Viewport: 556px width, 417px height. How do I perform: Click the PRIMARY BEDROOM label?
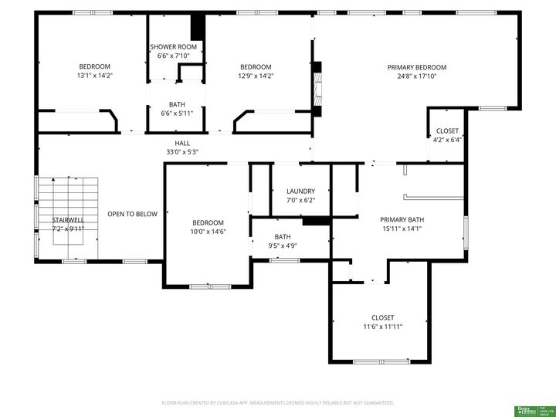[416, 67]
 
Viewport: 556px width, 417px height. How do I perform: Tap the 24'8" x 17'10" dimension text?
[416, 76]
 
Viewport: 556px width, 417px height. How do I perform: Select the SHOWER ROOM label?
[173, 47]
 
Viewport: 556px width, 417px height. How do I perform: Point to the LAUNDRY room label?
[300, 191]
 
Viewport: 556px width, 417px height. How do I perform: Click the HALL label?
[182, 143]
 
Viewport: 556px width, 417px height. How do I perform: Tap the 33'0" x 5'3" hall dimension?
[182, 152]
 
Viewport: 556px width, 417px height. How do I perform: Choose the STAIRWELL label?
[68, 220]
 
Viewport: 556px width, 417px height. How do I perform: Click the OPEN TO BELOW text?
[132, 214]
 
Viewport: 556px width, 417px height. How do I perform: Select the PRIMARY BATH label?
[402, 219]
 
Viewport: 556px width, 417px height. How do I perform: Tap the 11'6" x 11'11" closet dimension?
[382, 327]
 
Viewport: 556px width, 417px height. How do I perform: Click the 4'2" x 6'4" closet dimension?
[446, 140]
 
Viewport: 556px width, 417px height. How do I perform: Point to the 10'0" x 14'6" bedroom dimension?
[208, 232]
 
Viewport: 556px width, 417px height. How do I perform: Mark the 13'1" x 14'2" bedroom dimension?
[95, 76]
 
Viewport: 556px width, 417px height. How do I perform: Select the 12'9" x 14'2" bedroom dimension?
[255, 76]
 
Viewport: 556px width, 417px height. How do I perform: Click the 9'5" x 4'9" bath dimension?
[283, 246]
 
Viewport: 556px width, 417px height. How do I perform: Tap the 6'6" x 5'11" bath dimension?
[177, 114]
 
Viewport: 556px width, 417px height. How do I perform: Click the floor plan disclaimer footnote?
[278, 402]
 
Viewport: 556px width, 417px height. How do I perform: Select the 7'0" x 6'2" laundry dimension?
[300, 200]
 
